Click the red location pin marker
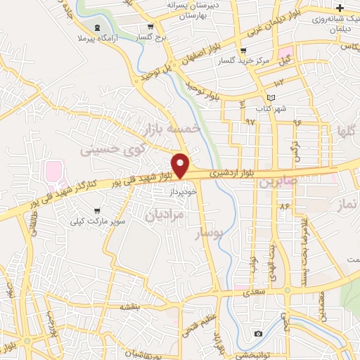pos(181,165)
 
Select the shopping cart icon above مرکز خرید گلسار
pos(243,51)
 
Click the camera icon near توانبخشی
pos(258,333)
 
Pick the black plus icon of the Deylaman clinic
pos(340,7)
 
